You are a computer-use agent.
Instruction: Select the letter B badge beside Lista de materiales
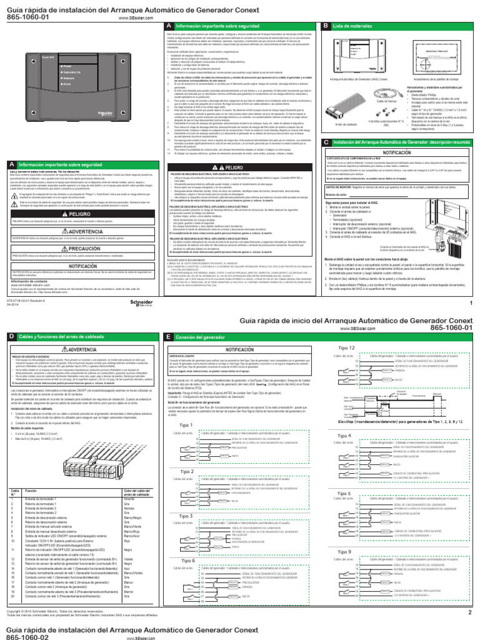(x=325, y=26)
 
